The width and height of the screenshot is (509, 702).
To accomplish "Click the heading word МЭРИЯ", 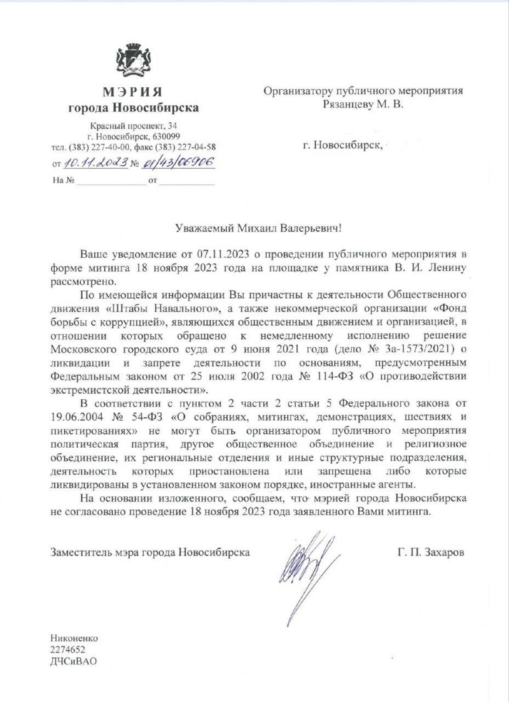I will [x=134, y=92].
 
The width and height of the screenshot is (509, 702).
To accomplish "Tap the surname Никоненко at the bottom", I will [x=76, y=638].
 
